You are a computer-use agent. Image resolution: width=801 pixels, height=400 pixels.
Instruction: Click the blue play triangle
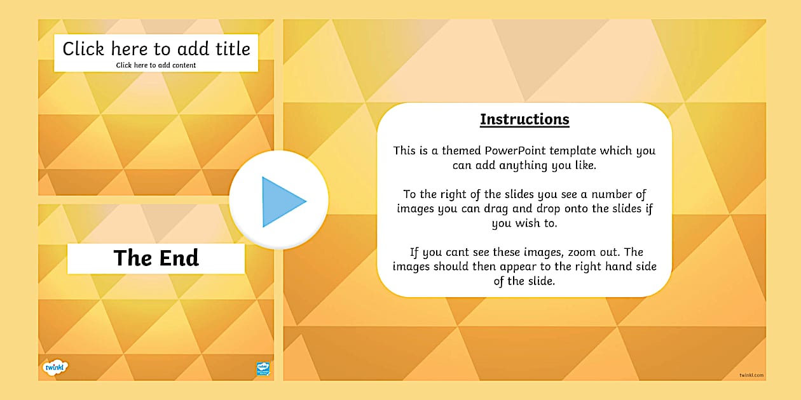282,202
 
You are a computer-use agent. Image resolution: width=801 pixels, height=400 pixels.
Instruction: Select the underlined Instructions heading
524,119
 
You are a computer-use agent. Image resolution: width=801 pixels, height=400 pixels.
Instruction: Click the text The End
156,258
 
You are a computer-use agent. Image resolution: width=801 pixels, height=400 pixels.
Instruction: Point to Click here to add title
156,49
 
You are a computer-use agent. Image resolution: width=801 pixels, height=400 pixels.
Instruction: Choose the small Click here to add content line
156,65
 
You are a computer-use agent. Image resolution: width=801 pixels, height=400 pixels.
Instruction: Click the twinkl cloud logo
55,367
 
